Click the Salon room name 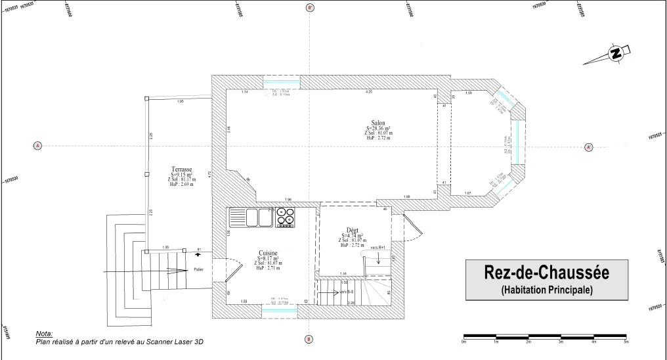click(377, 123)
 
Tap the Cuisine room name click(267, 253)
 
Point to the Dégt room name click(353, 230)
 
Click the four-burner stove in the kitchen click(286, 216)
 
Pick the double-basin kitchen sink click(250, 216)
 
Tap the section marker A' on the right click(588, 147)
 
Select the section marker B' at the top click(310, 8)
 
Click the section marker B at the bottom click(309, 339)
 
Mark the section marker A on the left click(37, 145)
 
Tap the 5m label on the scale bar click(626, 342)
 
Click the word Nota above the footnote click(45, 334)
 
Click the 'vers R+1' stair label click(377, 247)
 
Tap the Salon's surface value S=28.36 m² click(378, 129)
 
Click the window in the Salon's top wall click(282, 82)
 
